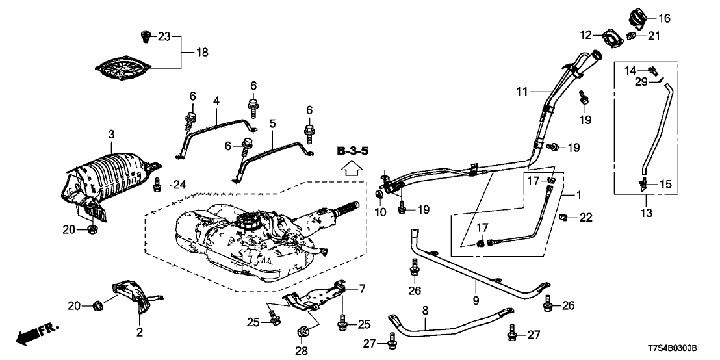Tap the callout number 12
586,34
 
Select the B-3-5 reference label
353,152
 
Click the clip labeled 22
565,217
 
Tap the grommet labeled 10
379,195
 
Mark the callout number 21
653,35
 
